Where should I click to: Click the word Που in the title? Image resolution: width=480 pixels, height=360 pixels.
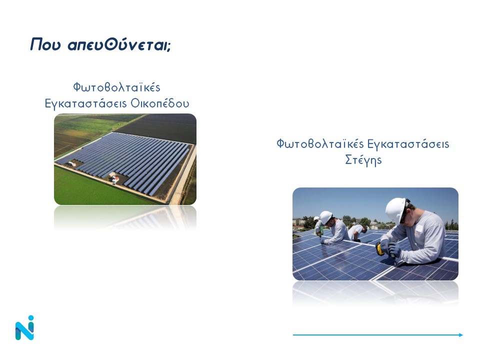pos(45,44)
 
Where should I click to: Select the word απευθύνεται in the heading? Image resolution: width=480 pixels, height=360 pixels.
pos(119,44)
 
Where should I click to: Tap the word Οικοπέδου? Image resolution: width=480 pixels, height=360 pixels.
pos(160,103)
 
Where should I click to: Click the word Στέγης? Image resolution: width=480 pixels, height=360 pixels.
pos(363,160)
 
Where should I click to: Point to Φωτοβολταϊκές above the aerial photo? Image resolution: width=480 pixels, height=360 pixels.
pos(116,87)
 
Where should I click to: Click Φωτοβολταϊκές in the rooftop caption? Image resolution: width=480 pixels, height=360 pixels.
pos(320,144)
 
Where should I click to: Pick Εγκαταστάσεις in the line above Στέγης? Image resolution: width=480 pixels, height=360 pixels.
pos(408,144)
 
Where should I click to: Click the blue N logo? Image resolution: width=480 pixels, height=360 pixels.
pos(25,327)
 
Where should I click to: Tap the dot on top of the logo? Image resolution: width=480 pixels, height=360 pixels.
pos(30,318)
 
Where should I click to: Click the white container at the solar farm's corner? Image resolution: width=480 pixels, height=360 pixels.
pos(71,164)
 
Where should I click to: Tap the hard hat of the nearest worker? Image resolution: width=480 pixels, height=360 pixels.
pos(396,210)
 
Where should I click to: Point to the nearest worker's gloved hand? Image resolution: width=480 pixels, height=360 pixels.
pos(394,250)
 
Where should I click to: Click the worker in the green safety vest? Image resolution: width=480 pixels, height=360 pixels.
pos(318,227)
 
